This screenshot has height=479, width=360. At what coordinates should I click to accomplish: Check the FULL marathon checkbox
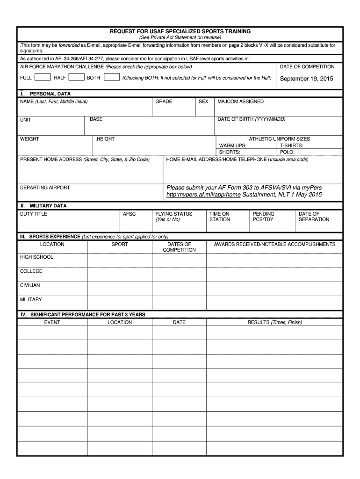tap(43, 77)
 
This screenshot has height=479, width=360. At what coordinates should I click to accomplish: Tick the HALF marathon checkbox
tap(76, 77)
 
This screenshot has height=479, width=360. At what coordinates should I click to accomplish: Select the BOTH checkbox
tap(111, 77)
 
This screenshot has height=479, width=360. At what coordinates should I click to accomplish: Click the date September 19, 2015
tap(306, 79)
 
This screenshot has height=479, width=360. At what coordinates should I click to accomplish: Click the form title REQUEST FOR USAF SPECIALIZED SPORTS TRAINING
tap(180, 31)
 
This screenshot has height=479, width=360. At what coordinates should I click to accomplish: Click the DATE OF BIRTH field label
tap(251, 119)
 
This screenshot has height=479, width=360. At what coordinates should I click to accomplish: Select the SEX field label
tap(203, 102)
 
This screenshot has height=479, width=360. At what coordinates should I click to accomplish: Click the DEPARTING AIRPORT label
tap(45, 188)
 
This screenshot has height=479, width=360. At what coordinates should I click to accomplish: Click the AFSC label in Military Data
tap(129, 214)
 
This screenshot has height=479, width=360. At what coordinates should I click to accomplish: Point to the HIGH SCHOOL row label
tap(36, 257)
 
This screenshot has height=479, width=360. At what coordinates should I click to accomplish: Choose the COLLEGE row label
tap(31, 271)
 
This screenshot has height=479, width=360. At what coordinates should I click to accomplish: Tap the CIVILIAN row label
tap(30, 285)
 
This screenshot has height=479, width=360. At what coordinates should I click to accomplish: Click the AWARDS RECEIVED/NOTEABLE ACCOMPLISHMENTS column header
tap(274, 244)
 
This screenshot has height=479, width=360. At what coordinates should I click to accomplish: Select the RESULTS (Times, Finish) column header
tap(274, 322)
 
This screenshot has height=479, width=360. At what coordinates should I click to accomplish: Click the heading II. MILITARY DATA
tap(43, 205)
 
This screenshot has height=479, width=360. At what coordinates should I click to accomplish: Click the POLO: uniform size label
tap(287, 152)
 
